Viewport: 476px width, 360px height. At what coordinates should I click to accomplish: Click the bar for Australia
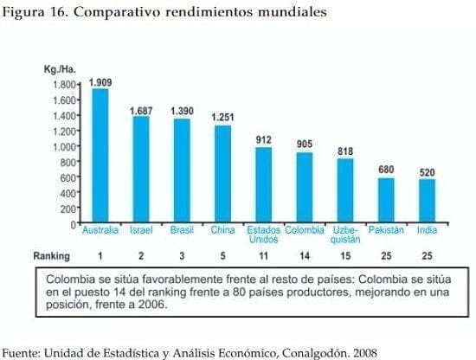click(100, 157)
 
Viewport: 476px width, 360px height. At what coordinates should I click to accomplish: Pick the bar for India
click(427, 201)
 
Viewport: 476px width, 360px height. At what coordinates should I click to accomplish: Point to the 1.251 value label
click(223, 118)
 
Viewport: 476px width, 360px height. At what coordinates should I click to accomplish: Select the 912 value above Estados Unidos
click(264, 138)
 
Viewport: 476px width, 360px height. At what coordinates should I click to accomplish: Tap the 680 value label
click(387, 170)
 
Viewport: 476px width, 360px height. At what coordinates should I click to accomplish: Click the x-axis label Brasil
click(183, 231)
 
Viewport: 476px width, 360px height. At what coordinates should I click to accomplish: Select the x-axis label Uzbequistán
click(346, 235)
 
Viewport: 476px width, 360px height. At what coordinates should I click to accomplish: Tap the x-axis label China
click(222, 231)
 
